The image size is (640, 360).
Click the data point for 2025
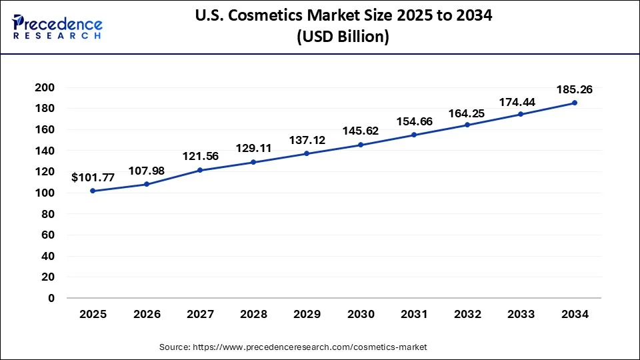pos(93,191)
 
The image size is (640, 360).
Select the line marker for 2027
pos(199,170)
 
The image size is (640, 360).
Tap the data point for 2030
pos(361,145)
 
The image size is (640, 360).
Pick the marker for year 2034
pos(575,103)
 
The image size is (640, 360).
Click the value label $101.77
pos(93,177)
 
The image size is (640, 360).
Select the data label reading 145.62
pos(361,131)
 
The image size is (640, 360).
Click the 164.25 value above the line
pos(468,112)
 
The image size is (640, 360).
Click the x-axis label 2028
pos(253,314)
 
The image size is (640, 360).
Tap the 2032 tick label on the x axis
pos(468,314)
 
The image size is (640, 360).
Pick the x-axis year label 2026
pos(146,314)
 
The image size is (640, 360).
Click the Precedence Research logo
pos(57,26)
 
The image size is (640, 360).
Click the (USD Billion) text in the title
pos(342,37)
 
